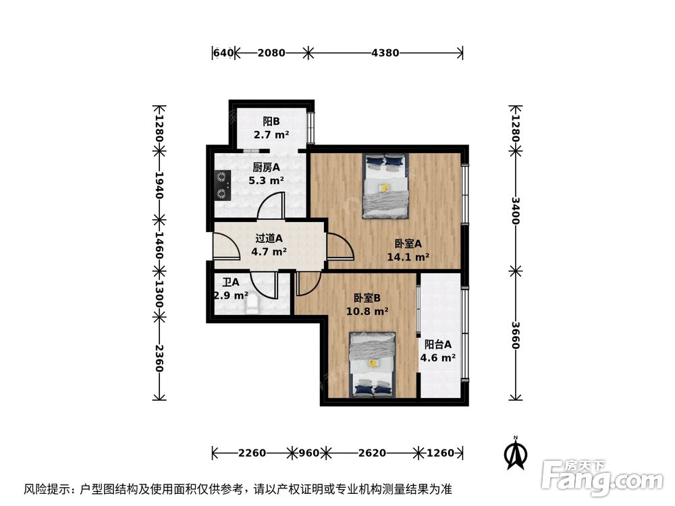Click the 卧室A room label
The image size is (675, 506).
click(408, 244)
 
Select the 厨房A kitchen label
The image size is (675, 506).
click(267, 168)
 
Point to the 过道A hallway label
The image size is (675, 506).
click(269, 238)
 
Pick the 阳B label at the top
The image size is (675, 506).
click(271, 122)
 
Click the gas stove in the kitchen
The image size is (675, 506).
click(222, 186)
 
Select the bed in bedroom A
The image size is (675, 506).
click(385, 186)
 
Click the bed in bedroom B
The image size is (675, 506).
click(372, 364)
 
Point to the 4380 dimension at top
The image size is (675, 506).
click(385, 52)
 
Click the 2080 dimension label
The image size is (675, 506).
click(271, 52)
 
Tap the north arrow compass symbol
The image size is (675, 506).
click(516, 454)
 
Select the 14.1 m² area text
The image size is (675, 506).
click(408, 256)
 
